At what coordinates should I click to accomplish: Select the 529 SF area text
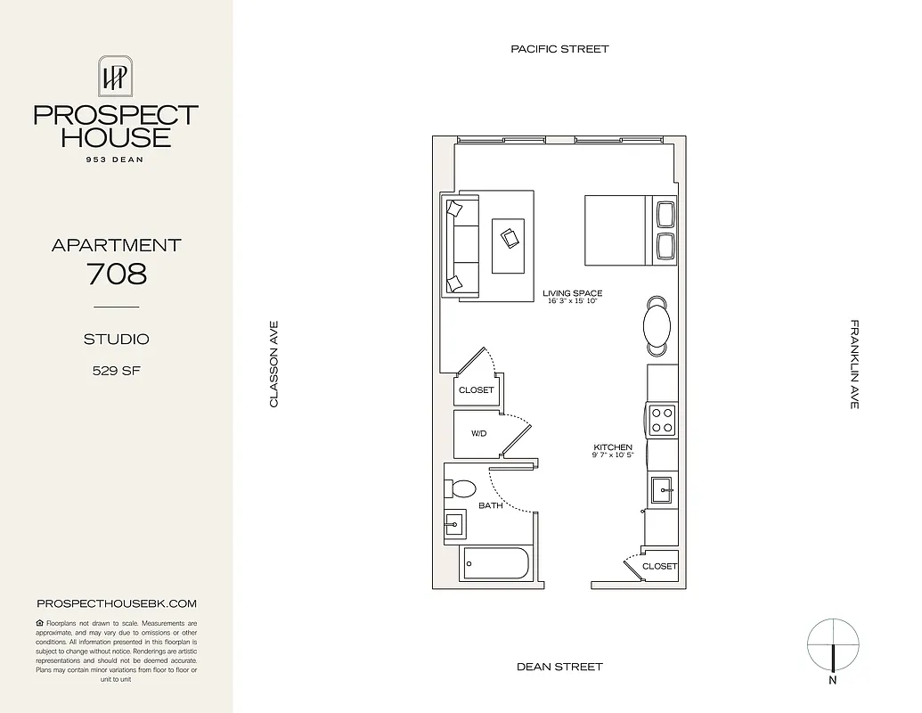coord(116,371)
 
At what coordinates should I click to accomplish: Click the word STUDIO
coord(116,339)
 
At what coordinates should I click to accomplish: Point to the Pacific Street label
coord(559,49)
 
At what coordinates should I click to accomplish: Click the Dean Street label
coord(559,667)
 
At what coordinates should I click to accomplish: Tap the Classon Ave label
coord(274,365)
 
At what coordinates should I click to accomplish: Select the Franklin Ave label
coord(854,365)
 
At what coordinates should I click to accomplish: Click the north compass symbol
coord(834,646)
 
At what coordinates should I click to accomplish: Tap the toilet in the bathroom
coord(461,488)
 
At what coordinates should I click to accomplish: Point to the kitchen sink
coord(661,488)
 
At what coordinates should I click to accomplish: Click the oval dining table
coord(658,324)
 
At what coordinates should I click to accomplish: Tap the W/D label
coord(479,434)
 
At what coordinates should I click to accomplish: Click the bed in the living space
coord(617,230)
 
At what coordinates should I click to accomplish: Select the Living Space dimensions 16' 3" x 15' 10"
coord(572,302)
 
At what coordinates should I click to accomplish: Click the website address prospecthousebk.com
coord(117,603)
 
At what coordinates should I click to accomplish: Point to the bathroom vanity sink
coord(455,525)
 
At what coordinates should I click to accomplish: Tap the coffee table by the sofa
coord(509,245)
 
